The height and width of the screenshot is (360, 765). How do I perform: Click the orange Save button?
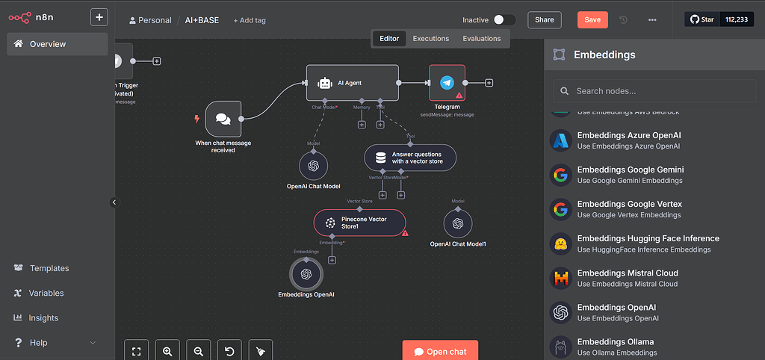(x=592, y=20)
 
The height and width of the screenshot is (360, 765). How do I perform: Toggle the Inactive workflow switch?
(x=504, y=20)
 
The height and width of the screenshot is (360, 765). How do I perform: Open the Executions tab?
(x=431, y=39)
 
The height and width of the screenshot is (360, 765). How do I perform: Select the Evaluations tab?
(x=482, y=39)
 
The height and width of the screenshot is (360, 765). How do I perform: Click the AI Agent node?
(x=352, y=83)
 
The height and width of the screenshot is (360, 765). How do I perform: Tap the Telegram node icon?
(x=447, y=83)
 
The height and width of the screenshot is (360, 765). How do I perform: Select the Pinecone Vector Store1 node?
(x=359, y=222)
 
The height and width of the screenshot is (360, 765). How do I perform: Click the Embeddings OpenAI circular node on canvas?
(x=306, y=274)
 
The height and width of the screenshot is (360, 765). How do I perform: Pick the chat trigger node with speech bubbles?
(x=223, y=119)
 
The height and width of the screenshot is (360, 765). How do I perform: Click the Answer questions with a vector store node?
(x=409, y=158)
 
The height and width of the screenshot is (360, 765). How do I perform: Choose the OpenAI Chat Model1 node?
(x=458, y=223)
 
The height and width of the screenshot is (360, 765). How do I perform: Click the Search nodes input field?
(x=654, y=91)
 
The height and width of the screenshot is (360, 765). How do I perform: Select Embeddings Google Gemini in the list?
(x=630, y=170)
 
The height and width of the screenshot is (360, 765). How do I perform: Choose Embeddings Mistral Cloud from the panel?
(x=627, y=273)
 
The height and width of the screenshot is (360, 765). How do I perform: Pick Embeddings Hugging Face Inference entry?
(x=648, y=239)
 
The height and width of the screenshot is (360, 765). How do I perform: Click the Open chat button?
(x=440, y=351)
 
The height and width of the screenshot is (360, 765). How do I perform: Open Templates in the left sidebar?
(x=49, y=268)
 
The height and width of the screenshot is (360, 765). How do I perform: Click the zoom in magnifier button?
(x=167, y=350)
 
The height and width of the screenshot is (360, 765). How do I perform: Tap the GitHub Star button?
(x=701, y=19)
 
